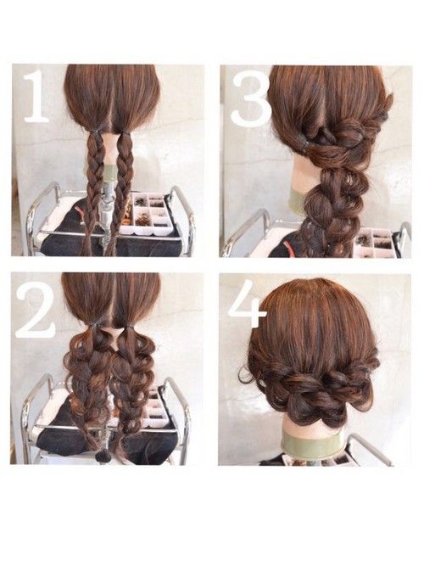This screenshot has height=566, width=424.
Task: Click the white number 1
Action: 36,97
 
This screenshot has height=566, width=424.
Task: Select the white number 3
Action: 251,99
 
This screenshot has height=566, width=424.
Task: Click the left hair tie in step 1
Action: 94,133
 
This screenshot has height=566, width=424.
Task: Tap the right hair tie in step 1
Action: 125,133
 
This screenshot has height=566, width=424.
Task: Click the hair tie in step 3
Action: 305,145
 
